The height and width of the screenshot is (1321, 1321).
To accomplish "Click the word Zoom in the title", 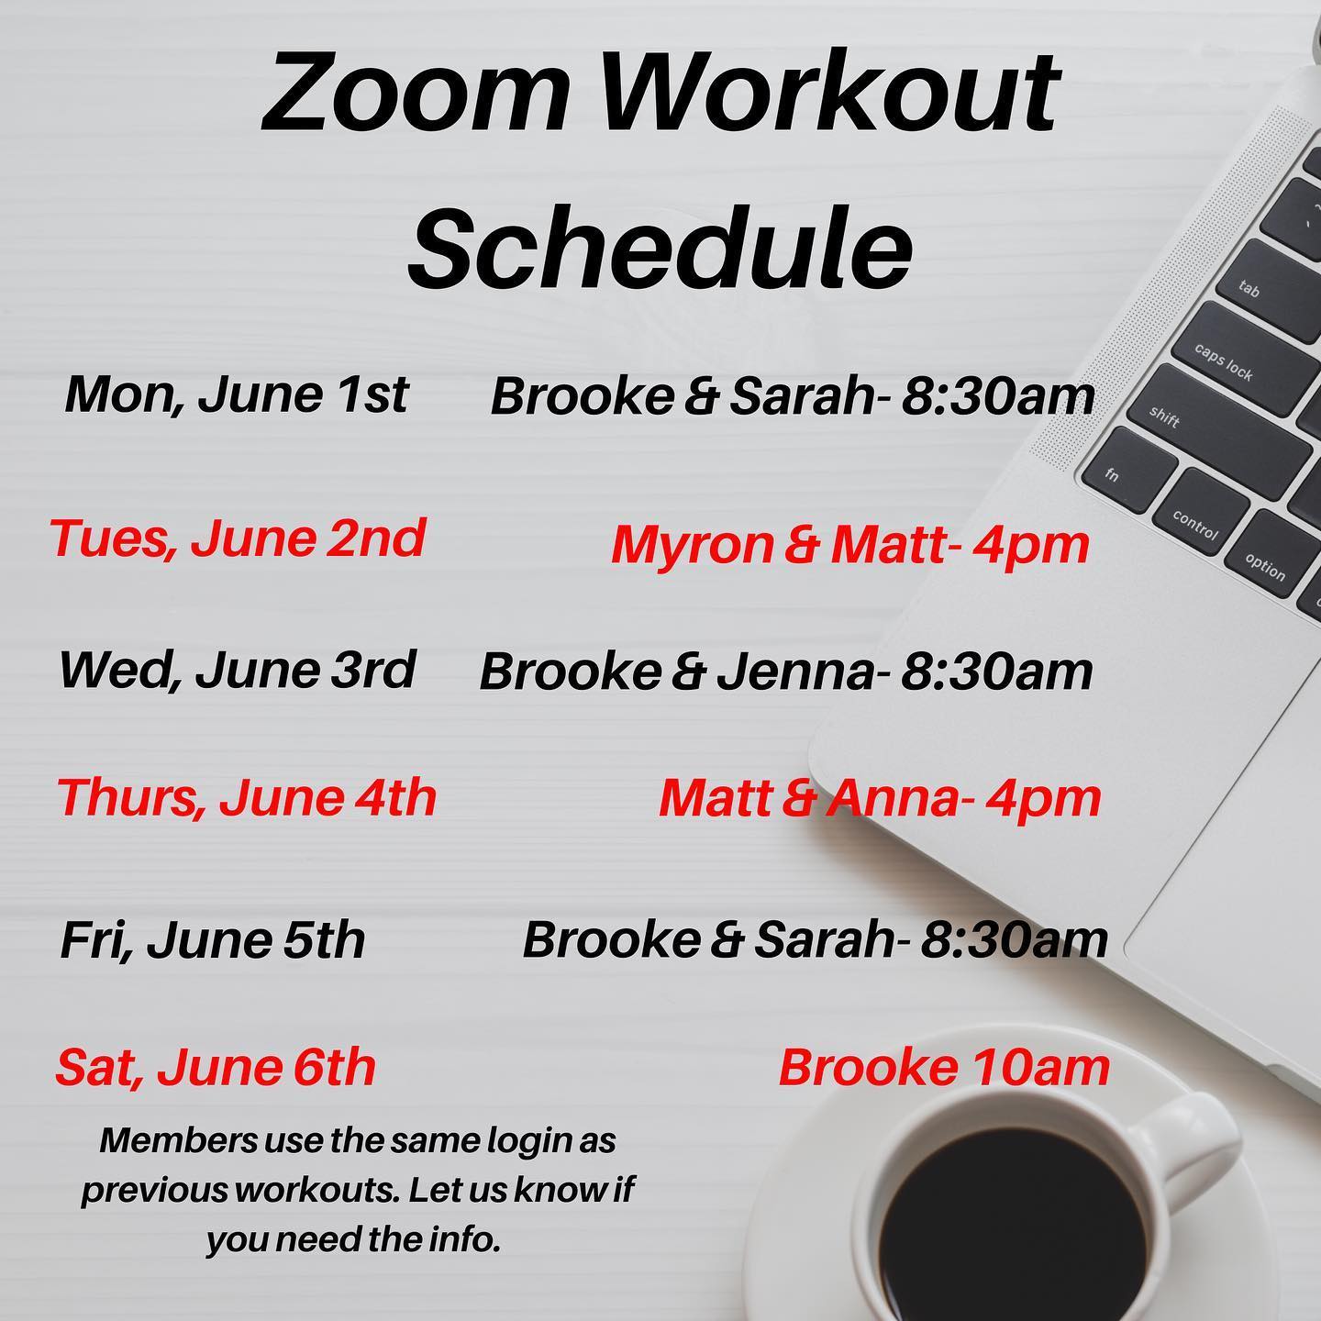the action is tap(416, 94).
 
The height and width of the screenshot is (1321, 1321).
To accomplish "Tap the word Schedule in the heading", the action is tap(660, 246).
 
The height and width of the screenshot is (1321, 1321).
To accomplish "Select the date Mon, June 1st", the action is tap(237, 394).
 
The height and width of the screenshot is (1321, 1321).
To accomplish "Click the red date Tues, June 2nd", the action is tap(238, 538).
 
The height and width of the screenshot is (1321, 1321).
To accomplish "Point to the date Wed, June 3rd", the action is tap(238, 670).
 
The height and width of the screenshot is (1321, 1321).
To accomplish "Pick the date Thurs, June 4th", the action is tap(247, 797).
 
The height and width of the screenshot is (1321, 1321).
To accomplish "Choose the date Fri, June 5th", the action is tap(213, 940).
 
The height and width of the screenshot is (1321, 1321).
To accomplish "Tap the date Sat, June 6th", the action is tap(216, 1068).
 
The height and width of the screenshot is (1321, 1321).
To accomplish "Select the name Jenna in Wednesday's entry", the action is tap(795, 672).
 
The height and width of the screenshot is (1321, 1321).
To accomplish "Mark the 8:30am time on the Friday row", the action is tap(1014, 940).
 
